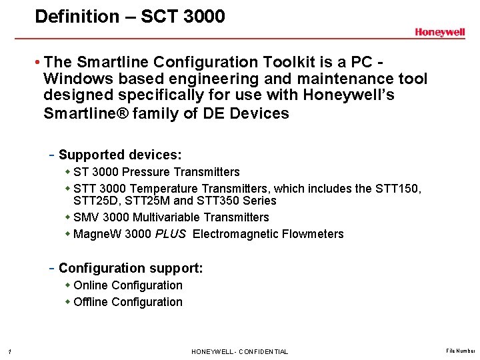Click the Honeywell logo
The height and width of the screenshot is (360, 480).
coord(439,33)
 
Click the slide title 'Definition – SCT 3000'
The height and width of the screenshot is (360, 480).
coord(130,16)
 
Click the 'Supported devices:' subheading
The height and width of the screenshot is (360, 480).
coord(120,155)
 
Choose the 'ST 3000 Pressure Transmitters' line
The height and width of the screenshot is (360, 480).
coord(157,172)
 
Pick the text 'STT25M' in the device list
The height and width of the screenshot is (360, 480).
coord(151,201)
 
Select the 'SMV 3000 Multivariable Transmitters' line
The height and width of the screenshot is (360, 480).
coord(171,217)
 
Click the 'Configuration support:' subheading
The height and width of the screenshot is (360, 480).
coord(131,268)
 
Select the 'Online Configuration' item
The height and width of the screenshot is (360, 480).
coord(128,285)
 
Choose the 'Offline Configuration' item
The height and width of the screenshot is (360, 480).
coord(128,302)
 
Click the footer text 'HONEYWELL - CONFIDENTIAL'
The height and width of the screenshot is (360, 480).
coord(240,351)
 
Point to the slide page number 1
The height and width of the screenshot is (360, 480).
coord(4,351)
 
